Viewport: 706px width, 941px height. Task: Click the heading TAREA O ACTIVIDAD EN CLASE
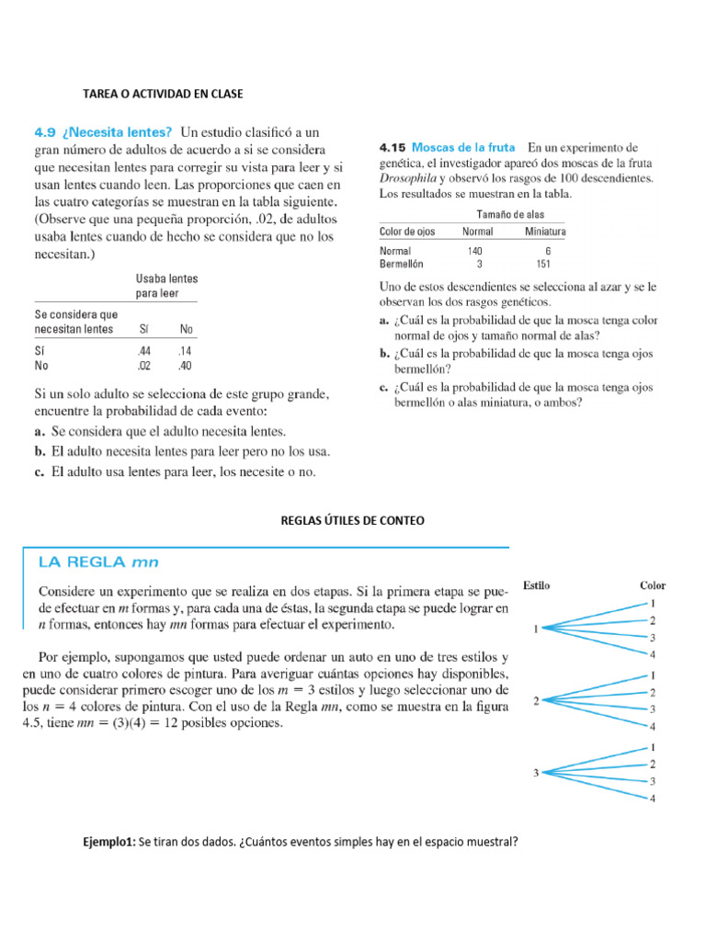pos(163,94)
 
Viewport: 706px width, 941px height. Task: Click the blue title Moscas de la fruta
pos(465,147)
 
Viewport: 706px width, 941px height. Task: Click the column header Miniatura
pos(545,231)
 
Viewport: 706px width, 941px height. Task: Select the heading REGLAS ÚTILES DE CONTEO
pos(352,520)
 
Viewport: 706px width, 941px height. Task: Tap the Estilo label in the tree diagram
pos(537,585)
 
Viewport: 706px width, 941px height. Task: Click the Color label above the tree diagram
pos(653,585)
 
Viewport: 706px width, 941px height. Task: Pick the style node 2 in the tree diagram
pos(536,701)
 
